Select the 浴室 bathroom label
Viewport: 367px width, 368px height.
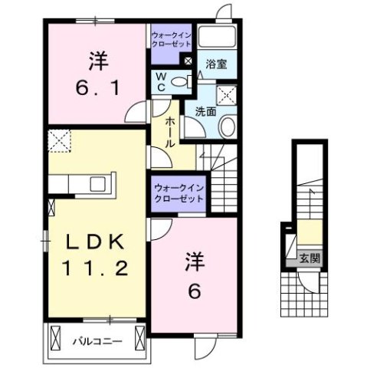(217, 65)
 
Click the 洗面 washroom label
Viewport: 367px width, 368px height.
(205, 111)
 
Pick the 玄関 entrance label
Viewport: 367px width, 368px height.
(310, 258)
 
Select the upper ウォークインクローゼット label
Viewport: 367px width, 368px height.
(171, 40)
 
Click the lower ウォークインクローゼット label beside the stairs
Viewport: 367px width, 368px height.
(179, 192)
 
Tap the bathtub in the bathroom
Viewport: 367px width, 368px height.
(217, 39)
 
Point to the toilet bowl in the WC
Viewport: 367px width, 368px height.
(179, 81)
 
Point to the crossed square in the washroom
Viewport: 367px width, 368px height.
(228, 95)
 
